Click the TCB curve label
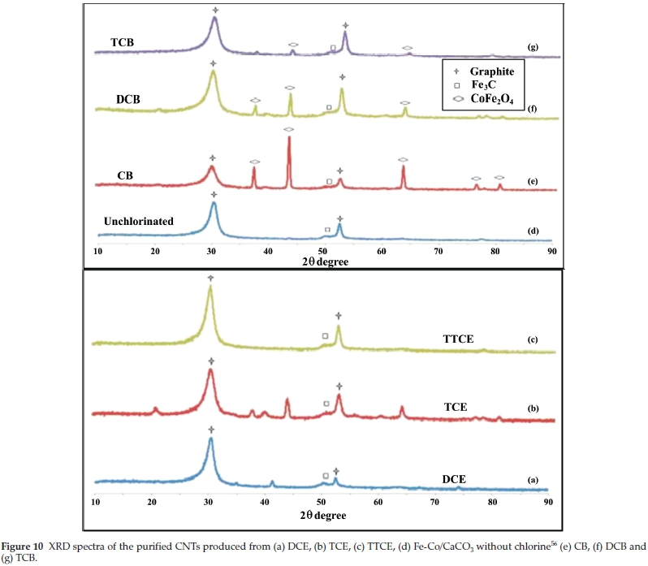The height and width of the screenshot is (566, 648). (x=122, y=41)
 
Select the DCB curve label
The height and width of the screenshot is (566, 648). (x=127, y=99)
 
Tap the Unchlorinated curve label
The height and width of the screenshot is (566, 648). (x=138, y=221)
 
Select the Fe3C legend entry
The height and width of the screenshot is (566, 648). (x=488, y=84)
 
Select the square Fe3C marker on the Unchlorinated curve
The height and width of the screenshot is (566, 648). (x=327, y=231)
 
